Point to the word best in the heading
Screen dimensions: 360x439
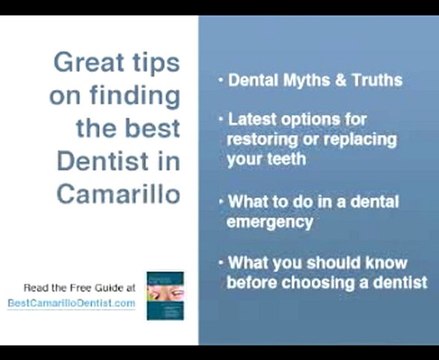point(156,129)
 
